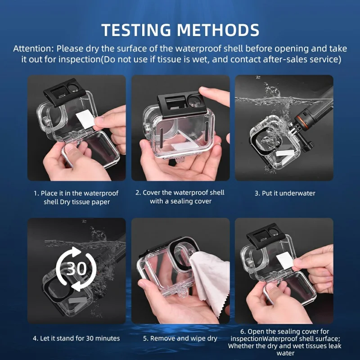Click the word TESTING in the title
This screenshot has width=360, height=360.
coord(136,30)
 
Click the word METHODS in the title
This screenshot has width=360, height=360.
coord(218,30)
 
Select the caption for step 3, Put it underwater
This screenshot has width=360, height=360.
coord(285,193)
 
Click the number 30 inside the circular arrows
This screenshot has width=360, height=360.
coord(76,268)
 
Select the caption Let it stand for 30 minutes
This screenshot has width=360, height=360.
coord(76,338)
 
